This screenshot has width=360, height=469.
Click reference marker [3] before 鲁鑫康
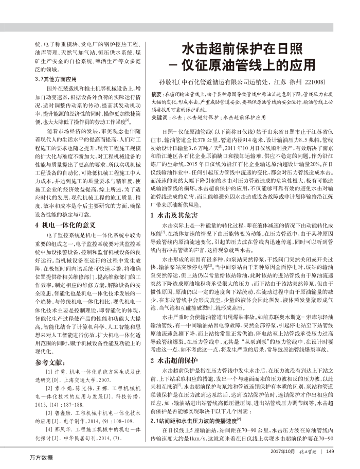(x=49, y=398)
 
